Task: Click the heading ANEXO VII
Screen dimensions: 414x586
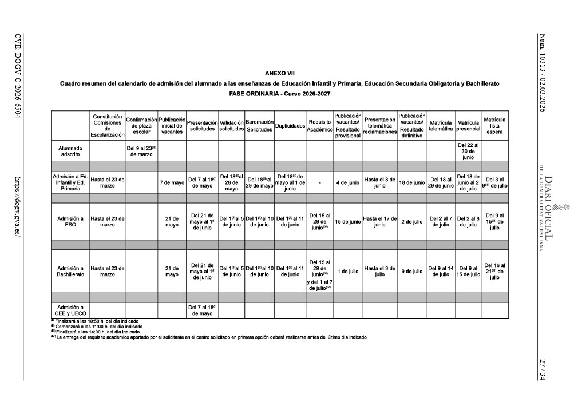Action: tap(280, 73)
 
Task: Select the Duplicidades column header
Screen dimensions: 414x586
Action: tap(290, 126)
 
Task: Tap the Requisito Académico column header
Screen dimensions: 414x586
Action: tap(320, 126)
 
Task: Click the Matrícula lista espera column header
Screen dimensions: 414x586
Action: tap(494, 126)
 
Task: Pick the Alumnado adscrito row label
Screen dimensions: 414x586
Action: tap(70, 151)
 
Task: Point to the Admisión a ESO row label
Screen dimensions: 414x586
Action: tap(70, 221)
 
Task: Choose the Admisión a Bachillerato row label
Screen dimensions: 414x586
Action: tap(70, 271)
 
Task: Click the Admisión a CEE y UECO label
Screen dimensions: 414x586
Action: tap(70, 310)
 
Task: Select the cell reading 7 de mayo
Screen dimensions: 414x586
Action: tap(172, 183)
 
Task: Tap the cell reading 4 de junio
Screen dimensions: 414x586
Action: tap(348, 183)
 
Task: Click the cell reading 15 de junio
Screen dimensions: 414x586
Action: tap(348, 221)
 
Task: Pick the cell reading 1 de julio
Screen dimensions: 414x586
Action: tap(348, 271)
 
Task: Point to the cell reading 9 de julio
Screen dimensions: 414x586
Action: tap(412, 271)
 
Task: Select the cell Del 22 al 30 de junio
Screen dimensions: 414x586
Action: tap(468, 151)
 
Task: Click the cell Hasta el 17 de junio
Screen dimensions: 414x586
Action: tap(380, 221)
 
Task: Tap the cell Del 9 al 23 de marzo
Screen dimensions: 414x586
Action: tap(141, 151)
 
